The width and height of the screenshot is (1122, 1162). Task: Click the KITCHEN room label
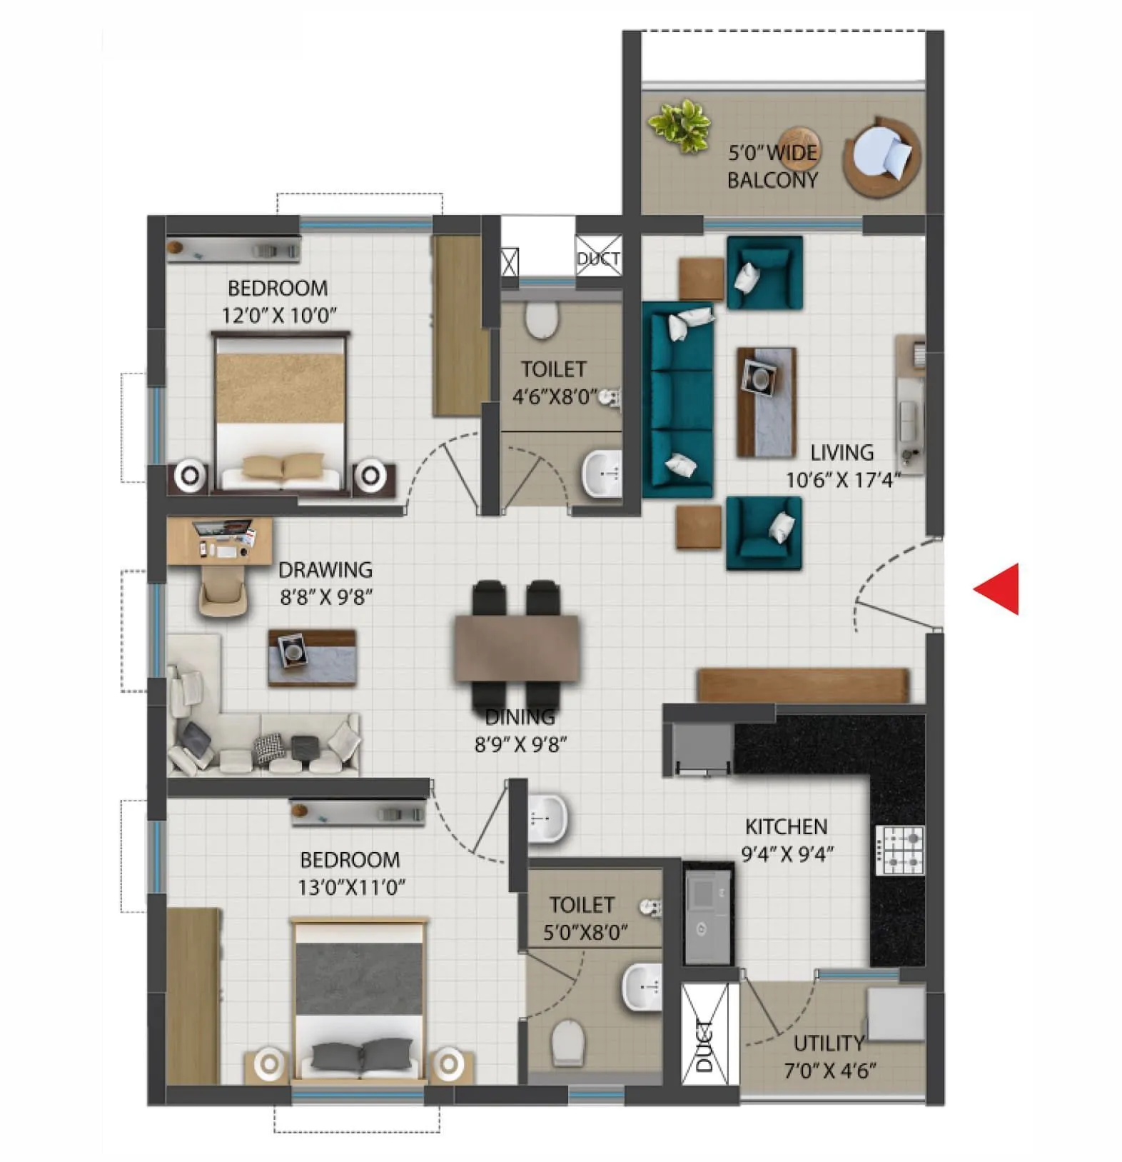tap(786, 826)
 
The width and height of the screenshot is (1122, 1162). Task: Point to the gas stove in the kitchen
tap(900, 850)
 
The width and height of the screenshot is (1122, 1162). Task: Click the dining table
tap(517, 647)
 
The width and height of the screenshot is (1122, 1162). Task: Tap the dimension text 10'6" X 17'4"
tap(843, 480)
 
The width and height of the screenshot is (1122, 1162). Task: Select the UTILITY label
tap(829, 1043)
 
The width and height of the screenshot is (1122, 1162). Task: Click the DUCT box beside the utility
tap(704, 1034)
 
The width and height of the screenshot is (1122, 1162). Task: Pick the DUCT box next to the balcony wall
tap(598, 258)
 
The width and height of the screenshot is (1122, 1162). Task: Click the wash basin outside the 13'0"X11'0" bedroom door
tap(547, 818)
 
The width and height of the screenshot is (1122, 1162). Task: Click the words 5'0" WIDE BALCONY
tap(772, 166)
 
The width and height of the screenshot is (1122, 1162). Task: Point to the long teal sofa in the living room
tap(678, 400)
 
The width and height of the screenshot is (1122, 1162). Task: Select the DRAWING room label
tap(325, 569)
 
